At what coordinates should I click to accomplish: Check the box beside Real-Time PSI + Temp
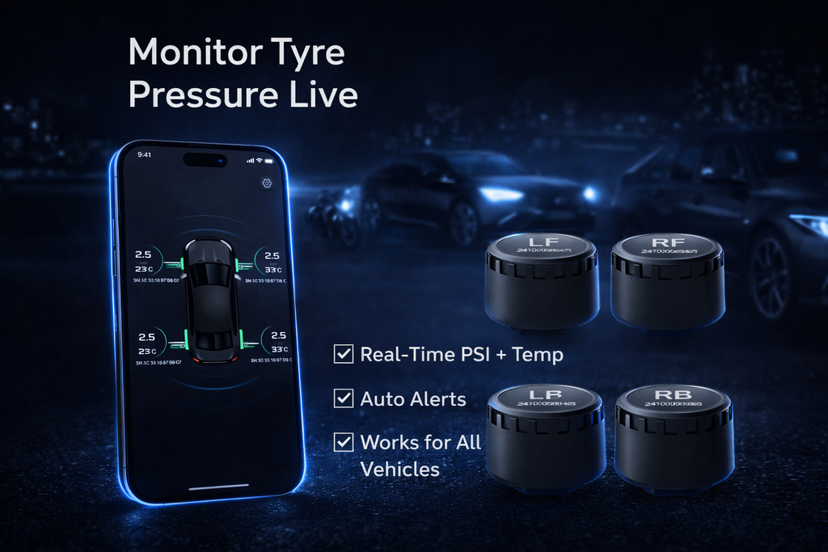[x=344, y=354]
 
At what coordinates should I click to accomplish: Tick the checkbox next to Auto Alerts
[x=344, y=398]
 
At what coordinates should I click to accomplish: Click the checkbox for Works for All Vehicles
[x=344, y=442]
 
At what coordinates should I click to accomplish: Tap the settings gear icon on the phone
[x=267, y=183]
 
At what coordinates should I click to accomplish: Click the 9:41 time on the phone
[x=145, y=154]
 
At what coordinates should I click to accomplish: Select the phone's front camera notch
[x=205, y=159]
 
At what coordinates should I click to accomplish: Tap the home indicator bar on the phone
[x=218, y=486]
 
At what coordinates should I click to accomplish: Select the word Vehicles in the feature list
[x=400, y=469]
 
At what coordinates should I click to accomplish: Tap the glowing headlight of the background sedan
[x=501, y=194]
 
